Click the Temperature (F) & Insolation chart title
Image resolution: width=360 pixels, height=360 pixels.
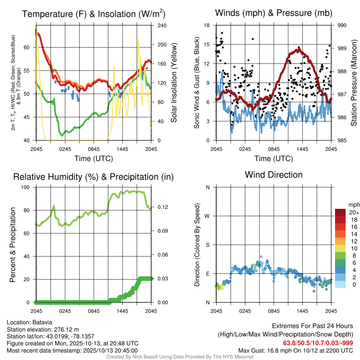point(94,14)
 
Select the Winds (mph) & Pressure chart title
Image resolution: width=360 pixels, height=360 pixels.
point(274,13)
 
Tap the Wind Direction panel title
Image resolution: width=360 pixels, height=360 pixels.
point(274,175)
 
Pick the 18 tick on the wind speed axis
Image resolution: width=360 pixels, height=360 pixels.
point(207,25)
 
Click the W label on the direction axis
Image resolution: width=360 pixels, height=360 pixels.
point(207,216)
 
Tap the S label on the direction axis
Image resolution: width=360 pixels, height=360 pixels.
point(207,245)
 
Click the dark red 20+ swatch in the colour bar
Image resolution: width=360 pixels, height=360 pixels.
point(340,212)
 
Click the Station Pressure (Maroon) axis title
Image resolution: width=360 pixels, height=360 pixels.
point(354,83)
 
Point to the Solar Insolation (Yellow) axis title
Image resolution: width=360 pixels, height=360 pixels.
point(174,83)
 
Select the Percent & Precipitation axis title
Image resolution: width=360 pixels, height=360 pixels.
point(13,245)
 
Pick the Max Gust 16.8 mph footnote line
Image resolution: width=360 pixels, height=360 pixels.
point(295,351)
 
